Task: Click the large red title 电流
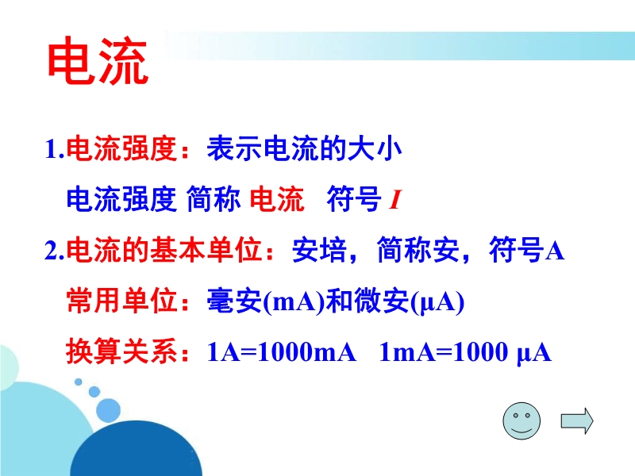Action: [x=98, y=61]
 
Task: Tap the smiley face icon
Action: [x=521, y=421]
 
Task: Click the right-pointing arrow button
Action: [x=577, y=421]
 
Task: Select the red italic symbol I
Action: [x=394, y=200]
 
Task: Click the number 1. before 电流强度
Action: [x=55, y=149]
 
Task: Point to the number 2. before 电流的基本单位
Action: [x=55, y=250]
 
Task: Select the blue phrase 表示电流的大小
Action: [x=304, y=148]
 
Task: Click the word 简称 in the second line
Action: [x=214, y=199]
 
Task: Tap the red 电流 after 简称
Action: [x=276, y=199]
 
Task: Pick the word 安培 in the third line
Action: [x=319, y=250]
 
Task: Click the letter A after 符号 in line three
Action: [x=555, y=251]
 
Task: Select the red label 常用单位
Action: [x=121, y=301]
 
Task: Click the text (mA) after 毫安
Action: [x=294, y=302]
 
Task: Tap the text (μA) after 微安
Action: [x=437, y=302]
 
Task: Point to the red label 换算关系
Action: [x=121, y=351]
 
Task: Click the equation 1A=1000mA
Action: [x=282, y=351]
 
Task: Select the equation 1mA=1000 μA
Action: [x=465, y=352]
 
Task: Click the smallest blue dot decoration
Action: [x=78, y=382]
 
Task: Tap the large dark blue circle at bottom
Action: [x=136, y=448]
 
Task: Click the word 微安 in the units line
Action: [x=381, y=301]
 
